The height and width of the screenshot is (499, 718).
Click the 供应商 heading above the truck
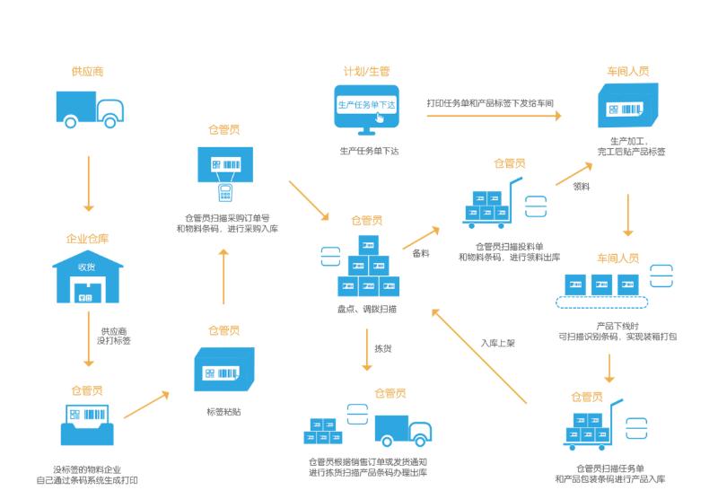88,70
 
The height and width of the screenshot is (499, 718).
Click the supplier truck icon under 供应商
88,109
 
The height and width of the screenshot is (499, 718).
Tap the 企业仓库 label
87,240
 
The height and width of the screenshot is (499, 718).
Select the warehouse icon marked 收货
87,279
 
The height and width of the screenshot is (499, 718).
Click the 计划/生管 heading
366,70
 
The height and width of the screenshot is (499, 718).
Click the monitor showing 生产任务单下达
366,108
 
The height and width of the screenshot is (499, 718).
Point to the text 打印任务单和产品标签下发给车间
489,103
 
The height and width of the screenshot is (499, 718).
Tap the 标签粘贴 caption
222,411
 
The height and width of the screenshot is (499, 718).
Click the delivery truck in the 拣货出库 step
402,430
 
